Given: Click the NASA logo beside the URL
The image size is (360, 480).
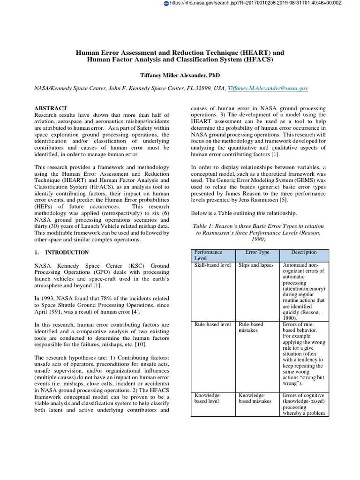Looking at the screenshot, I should pyautogui.click(x=165, y=3).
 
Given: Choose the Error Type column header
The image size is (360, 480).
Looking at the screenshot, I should pyautogui.click(x=257, y=252).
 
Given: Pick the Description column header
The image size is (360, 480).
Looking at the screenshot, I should pyautogui.click(x=304, y=252).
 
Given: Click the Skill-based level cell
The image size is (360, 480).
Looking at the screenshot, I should pyautogui.click(x=212, y=265).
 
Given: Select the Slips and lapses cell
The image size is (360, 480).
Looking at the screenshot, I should pyautogui.click(x=256, y=265).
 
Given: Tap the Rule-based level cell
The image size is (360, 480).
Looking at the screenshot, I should pyautogui.click(x=212, y=324).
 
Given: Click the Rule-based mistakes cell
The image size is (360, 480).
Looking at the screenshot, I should pyautogui.click(x=251, y=327).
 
